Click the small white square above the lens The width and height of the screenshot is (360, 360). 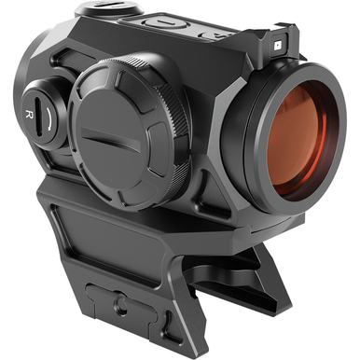(277, 43)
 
